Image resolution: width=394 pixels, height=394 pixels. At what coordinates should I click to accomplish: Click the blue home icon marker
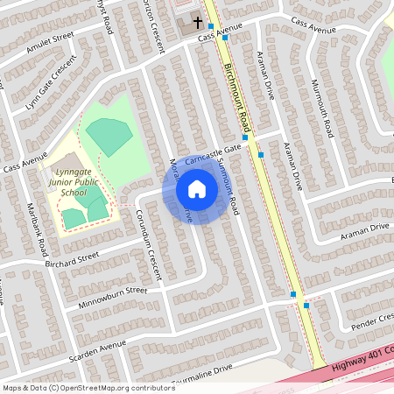coord(197,188)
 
